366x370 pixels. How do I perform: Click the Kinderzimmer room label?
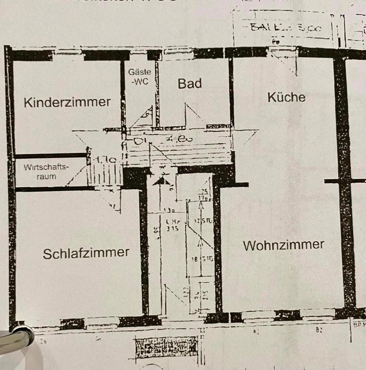coord(67,103)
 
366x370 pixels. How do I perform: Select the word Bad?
coord(189,84)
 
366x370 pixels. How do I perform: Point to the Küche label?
coord(286,97)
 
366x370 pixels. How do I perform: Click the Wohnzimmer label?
coord(283,245)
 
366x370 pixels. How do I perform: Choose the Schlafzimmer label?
coord(86,253)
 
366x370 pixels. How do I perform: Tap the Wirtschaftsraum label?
coord(46,172)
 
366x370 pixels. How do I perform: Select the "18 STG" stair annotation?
coord(203,259)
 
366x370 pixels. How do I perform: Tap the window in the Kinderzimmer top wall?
coord(68,54)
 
